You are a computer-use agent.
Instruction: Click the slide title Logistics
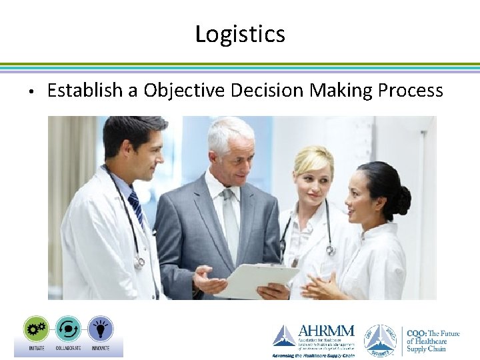240,34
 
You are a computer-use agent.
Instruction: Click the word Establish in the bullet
87,91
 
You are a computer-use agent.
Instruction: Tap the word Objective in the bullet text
184,91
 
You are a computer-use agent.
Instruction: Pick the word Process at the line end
410,91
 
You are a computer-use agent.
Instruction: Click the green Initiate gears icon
36,329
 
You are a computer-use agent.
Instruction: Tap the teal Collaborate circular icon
68,329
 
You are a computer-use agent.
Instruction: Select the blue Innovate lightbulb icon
100,329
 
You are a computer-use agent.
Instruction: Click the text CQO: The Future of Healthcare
433,340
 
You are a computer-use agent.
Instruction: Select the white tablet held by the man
257,280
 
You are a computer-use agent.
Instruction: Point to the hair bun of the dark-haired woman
402,199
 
